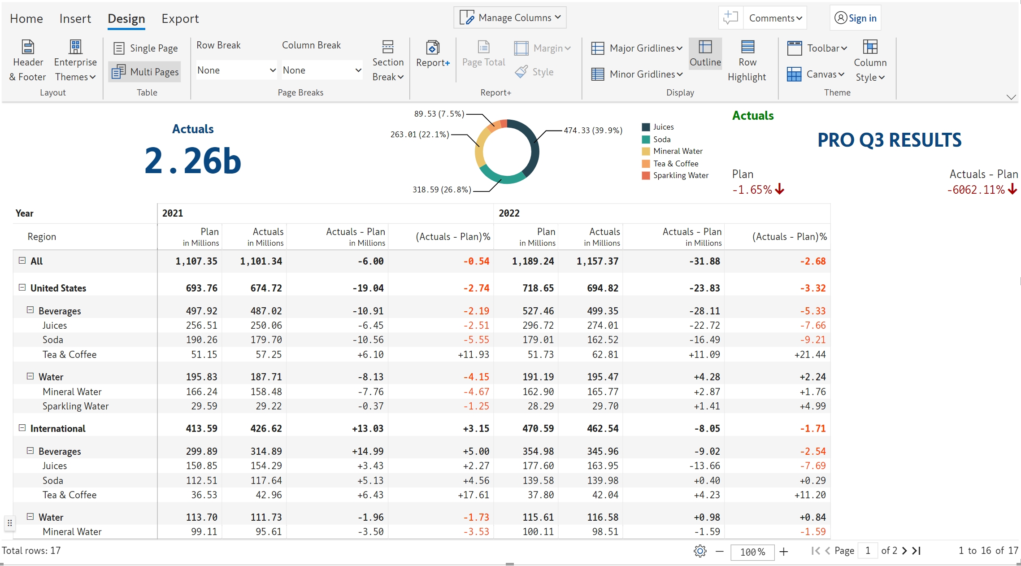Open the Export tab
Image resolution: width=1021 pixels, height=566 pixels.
pyautogui.click(x=180, y=19)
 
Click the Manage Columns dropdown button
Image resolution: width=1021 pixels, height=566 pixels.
pyautogui.click(x=510, y=17)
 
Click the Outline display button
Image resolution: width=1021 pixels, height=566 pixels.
pyautogui.click(x=705, y=53)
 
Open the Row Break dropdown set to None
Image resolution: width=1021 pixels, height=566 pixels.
pyautogui.click(x=236, y=70)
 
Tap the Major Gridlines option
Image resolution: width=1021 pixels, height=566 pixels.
pyautogui.click(x=637, y=48)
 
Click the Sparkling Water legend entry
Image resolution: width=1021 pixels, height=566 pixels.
pyautogui.click(x=680, y=175)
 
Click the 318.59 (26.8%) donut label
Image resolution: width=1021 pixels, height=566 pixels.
pyautogui.click(x=442, y=190)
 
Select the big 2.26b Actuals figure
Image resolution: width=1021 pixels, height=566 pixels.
pyautogui.click(x=193, y=161)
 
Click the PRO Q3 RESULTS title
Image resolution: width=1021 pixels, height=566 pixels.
pyautogui.click(x=889, y=140)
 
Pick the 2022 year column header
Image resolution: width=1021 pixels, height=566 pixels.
pyautogui.click(x=509, y=213)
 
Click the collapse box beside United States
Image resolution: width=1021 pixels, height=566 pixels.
pyautogui.click(x=22, y=287)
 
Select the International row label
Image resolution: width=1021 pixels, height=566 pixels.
pyautogui.click(x=58, y=428)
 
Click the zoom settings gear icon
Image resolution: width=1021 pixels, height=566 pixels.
pyautogui.click(x=700, y=551)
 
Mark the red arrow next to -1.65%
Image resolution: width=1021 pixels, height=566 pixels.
pyautogui.click(x=780, y=189)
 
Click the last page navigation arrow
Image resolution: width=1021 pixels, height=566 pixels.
pyautogui.click(x=917, y=551)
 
